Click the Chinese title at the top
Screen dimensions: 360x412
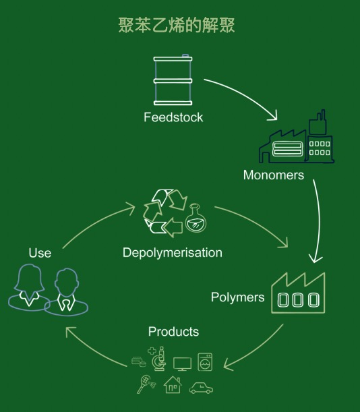177,25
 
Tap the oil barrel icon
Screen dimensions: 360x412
173,80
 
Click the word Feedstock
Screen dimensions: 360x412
173,117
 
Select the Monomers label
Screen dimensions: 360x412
274,175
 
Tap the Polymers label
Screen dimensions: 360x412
237,297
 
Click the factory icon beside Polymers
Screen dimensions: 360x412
298,293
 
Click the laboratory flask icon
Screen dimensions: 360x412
196,218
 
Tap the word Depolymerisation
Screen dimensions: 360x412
173,253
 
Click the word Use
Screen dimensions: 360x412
40,253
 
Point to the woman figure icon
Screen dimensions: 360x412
29,288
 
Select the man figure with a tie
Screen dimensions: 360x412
66,292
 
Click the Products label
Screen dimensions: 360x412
173,332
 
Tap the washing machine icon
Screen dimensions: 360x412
205,362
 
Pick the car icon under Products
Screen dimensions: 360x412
202,388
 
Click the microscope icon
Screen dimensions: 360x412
160,359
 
